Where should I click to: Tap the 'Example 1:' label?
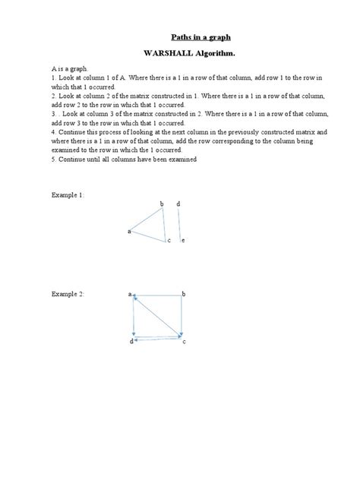click(x=67, y=195)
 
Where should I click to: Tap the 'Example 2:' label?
click(x=67, y=293)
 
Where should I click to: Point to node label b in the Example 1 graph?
click(x=162, y=204)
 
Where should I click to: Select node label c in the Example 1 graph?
click(x=169, y=241)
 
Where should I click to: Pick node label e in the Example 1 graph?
click(x=183, y=241)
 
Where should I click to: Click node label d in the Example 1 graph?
click(x=178, y=204)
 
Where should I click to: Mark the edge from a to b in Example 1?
click(x=147, y=219)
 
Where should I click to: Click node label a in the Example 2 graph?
click(x=129, y=293)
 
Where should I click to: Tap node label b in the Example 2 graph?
click(x=184, y=293)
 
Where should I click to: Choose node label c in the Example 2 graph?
click(x=184, y=343)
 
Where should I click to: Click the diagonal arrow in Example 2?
click(x=157, y=315)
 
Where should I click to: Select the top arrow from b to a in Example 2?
click(x=157, y=294)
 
